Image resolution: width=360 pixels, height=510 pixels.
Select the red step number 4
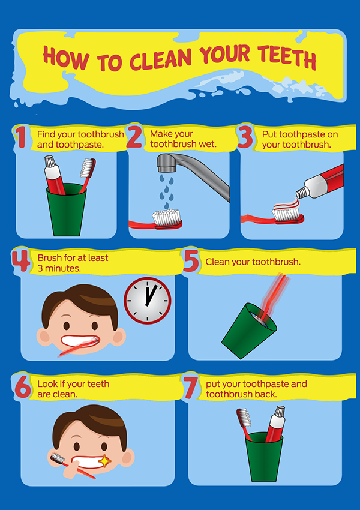coord(21,260)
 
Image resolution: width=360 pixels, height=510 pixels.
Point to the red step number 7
coord(190,388)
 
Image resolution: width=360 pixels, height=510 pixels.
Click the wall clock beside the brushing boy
coord(148,301)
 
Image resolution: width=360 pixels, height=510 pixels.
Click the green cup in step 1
coord(67,210)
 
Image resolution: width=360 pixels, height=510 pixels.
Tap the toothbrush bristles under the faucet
coord(167,217)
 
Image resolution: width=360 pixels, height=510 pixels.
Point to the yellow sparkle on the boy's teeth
coord(104,461)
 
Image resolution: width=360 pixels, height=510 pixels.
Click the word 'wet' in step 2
coord(208,144)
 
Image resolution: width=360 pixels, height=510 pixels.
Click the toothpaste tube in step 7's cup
coord(275,424)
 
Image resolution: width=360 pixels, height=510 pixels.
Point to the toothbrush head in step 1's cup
coord(87,168)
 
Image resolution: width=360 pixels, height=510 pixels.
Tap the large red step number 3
coord(245,137)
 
